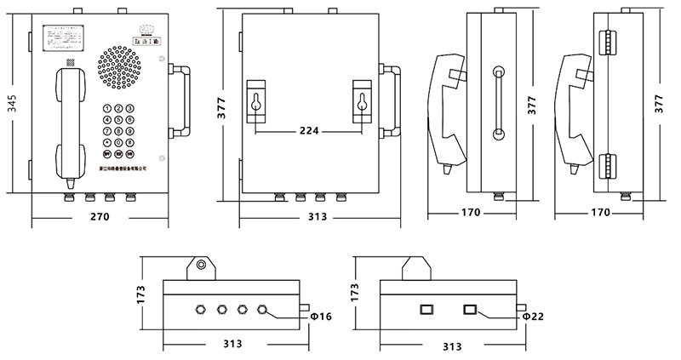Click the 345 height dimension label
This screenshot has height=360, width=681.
coord(11,106)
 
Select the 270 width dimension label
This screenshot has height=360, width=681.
coord(100,218)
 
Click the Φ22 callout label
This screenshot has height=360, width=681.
coord(533,316)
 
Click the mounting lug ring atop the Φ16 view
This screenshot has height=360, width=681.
coord(201,265)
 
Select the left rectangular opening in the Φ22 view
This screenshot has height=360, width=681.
coord(427,308)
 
